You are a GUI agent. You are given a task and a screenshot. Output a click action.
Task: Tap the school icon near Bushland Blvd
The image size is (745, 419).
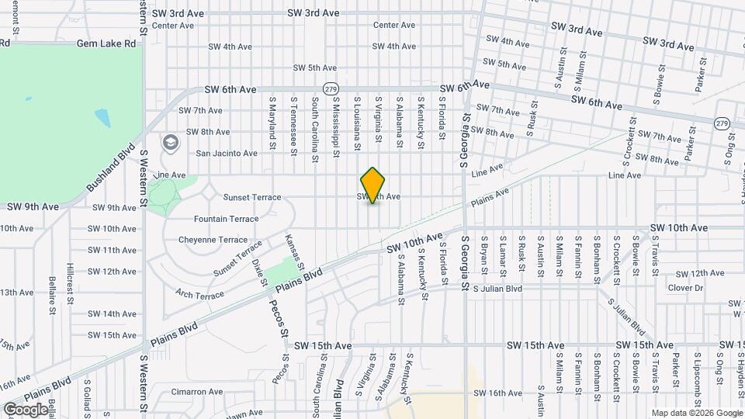click(170, 143)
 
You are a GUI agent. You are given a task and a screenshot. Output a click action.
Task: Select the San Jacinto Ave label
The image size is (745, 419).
click(226, 153)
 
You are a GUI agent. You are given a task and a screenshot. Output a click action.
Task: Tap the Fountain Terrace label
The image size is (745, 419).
click(226, 219)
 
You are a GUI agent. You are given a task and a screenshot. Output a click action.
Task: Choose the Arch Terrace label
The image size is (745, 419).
click(199, 294)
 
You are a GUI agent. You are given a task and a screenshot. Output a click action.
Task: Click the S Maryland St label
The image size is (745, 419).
click(272, 123)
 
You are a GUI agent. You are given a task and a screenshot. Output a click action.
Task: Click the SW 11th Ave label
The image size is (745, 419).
click(112, 250)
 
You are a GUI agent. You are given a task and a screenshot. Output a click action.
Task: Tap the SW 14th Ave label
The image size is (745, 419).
click(112, 313)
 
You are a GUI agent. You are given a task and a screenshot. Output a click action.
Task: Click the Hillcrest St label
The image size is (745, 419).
click(71, 277)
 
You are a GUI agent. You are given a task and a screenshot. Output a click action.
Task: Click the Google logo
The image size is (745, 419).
click(25, 409)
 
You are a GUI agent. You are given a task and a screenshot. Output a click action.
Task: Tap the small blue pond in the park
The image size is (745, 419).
click(102, 117)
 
